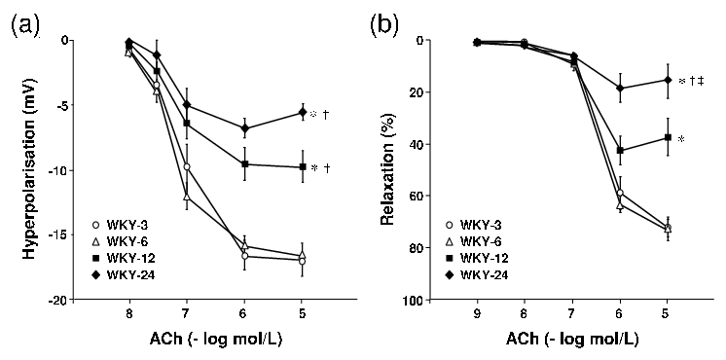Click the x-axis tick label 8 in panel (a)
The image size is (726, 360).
click(128, 315)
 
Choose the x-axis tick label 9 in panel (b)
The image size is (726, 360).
click(477, 315)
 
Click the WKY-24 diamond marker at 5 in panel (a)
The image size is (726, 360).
click(303, 113)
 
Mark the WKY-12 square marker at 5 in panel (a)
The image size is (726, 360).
click(303, 167)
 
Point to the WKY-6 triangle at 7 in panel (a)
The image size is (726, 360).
click(186, 198)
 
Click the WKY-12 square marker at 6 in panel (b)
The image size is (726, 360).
click(620, 151)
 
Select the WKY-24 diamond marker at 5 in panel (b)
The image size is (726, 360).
click(667, 80)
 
